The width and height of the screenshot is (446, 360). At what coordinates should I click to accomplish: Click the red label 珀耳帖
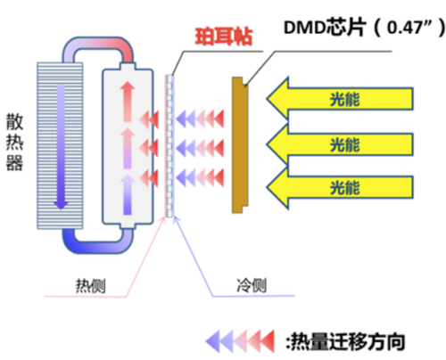tap(224, 37)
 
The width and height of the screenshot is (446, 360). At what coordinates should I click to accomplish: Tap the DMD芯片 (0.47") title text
tap(365, 28)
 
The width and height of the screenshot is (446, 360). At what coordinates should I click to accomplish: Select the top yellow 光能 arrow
tap(340, 99)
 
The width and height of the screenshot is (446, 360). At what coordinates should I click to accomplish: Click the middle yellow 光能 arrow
tap(340, 144)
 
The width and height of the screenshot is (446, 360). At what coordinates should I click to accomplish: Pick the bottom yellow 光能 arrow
tap(340, 188)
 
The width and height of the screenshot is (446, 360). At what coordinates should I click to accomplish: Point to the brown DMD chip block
tap(240, 145)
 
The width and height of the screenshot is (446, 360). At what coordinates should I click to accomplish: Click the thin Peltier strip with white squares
tap(169, 146)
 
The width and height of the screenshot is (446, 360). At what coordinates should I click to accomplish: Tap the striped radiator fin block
tap(60, 145)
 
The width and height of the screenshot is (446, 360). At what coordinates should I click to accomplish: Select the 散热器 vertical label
tap(14, 142)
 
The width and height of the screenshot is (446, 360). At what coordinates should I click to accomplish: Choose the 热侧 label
tap(90, 286)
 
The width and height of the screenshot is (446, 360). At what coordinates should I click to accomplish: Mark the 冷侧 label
tap(252, 285)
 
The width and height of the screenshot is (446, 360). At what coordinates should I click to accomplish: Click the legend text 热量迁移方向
tap(345, 341)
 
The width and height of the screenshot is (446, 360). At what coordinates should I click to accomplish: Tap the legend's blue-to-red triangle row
tap(240, 341)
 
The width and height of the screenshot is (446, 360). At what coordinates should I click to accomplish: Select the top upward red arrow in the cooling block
tap(128, 101)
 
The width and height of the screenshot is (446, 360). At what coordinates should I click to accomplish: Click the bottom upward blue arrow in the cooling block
tap(128, 194)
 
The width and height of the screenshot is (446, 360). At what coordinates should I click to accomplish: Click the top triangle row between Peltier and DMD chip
tap(200, 119)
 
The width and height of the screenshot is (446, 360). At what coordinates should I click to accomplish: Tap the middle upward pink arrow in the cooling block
tap(128, 148)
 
